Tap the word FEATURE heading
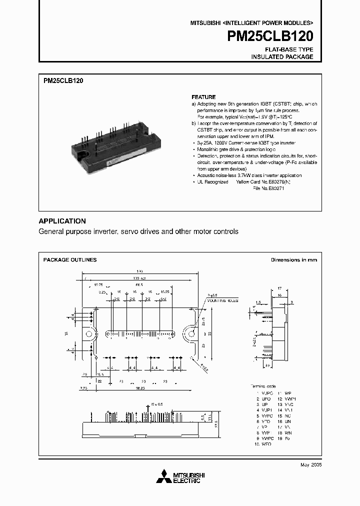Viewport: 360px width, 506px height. pos(203,97)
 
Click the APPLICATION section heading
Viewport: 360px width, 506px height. pos(62,221)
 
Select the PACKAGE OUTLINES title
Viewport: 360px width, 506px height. pos(70,260)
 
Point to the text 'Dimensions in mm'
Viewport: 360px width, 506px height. pos(294,260)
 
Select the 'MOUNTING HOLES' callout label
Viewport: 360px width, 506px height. pos(224,301)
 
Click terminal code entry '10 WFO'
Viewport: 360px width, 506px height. pos(263,444)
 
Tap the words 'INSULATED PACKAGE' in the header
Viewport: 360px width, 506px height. pos(282,57)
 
